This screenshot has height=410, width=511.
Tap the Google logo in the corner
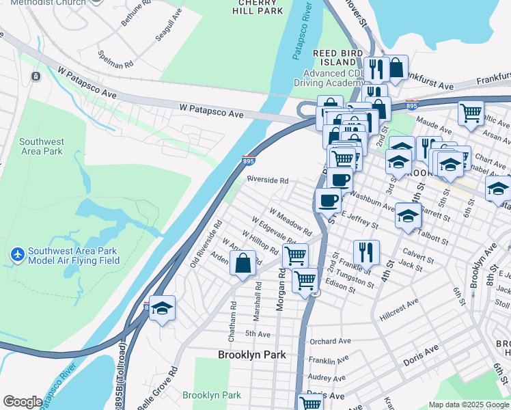point(22,402)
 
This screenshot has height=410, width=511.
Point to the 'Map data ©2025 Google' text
point(469,405)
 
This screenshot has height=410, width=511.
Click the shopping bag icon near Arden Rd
point(243,262)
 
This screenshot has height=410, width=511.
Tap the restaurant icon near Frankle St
point(366,251)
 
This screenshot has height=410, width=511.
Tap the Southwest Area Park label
point(41,146)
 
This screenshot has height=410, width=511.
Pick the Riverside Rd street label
point(267,180)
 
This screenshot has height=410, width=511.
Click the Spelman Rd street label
point(115,59)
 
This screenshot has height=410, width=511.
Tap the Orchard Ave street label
point(329,341)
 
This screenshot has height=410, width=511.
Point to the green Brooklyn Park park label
point(212,395)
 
